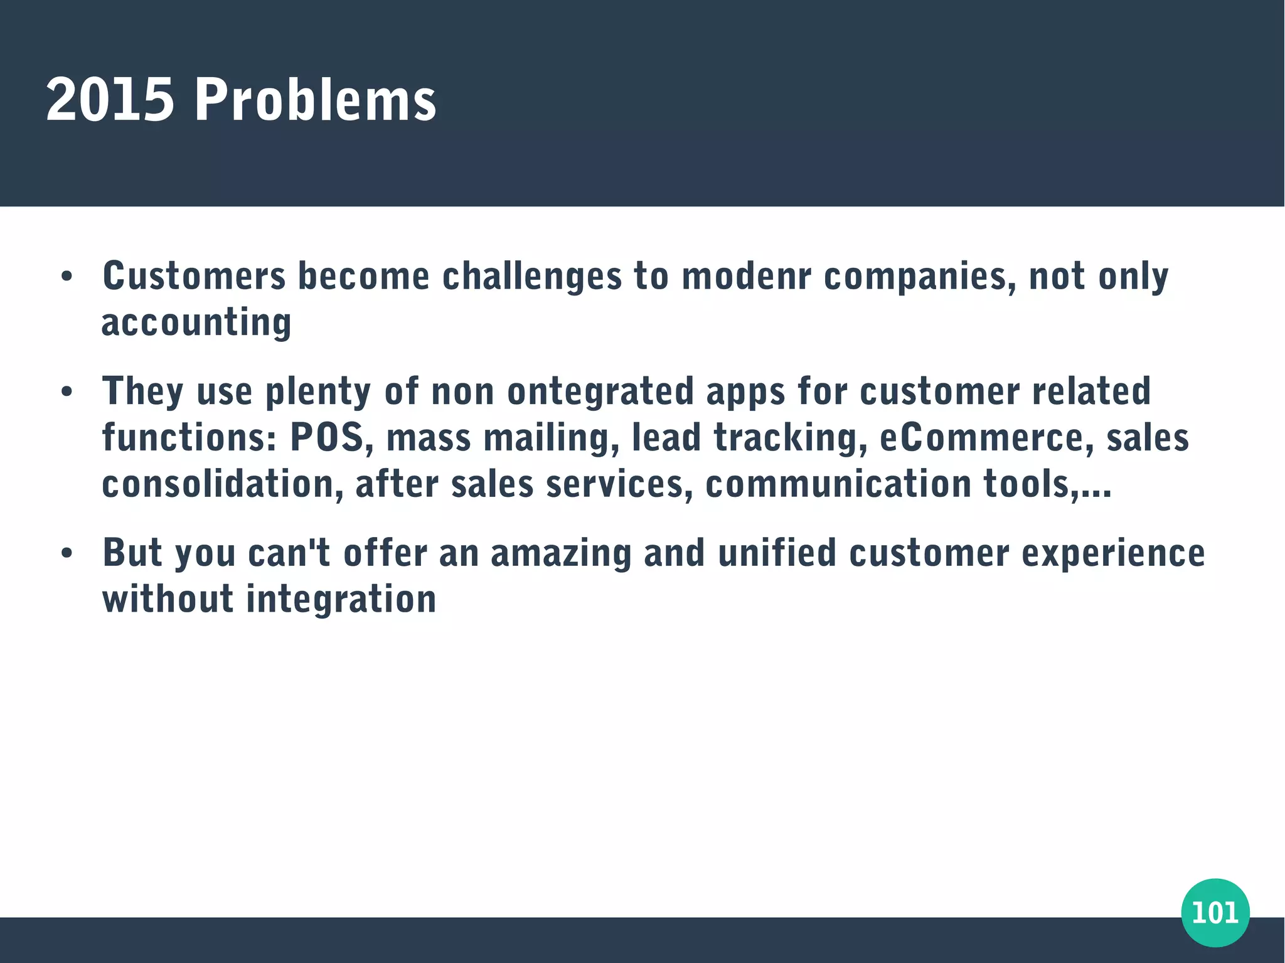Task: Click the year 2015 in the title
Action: coord(110,100)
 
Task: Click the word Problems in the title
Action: coord(315,100)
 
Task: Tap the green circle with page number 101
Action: coord(1215,912)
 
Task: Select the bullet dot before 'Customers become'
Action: coord(67,277)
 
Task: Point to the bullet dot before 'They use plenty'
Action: coord(67,392)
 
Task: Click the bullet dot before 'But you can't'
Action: coord(67,553)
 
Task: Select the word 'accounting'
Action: coord(196,323)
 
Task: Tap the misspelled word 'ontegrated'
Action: coord(600,392)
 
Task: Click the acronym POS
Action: coord(327,438)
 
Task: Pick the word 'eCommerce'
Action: coord(981,438)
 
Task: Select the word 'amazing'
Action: coord(560,553)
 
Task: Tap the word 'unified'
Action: coord(777,553)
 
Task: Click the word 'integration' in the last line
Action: coord(341,600)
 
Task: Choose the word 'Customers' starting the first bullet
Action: coord(194,277)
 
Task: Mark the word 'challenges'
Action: coord(531,277)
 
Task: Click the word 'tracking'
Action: coord(786,438)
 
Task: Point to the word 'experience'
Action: coord(1113,553)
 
